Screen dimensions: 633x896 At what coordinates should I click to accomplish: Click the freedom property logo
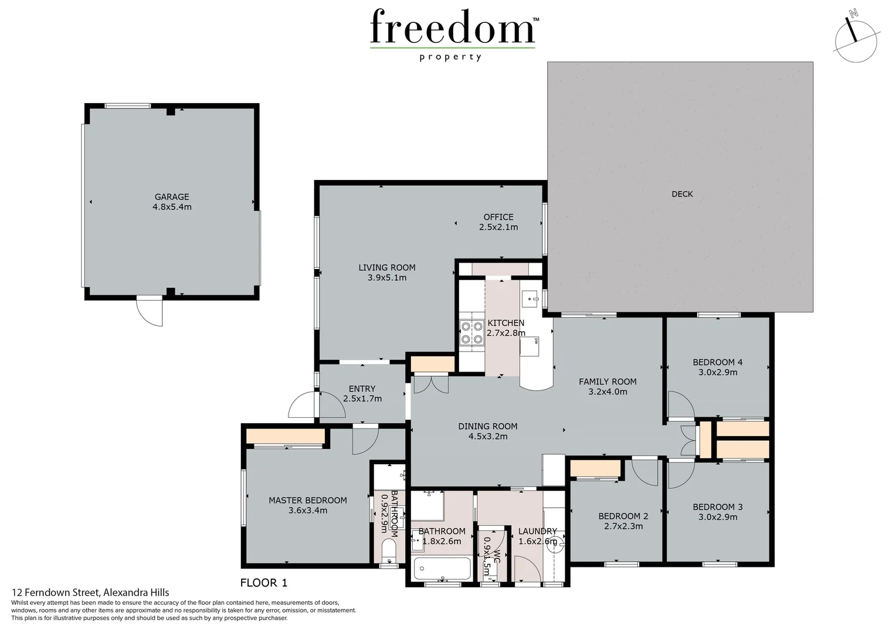[453, 34]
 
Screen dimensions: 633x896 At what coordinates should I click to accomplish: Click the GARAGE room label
[172, 197]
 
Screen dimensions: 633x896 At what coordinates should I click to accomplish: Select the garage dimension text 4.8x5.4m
[172, 207]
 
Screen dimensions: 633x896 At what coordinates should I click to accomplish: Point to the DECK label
[682, 194]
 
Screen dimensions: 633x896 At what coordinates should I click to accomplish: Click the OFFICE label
[498, 217]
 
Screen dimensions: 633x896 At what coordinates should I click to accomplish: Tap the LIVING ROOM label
[387, 267]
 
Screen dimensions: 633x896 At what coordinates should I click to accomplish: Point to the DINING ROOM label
[488, 426]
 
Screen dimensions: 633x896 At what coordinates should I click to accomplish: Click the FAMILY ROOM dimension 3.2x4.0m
[607, 392]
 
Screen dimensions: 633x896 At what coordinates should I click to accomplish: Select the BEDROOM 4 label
[718, 362]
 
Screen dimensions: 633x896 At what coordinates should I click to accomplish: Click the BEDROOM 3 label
[718, 507]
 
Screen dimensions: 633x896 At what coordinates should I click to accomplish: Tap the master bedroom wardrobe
[286, 437]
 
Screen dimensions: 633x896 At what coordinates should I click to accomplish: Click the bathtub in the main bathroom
[442, 568]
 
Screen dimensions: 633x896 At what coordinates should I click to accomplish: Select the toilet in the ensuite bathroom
[388, 551]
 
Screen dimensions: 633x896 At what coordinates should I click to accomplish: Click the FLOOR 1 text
[264, 583]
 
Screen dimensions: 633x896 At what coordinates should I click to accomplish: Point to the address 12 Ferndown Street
[90, 593]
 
